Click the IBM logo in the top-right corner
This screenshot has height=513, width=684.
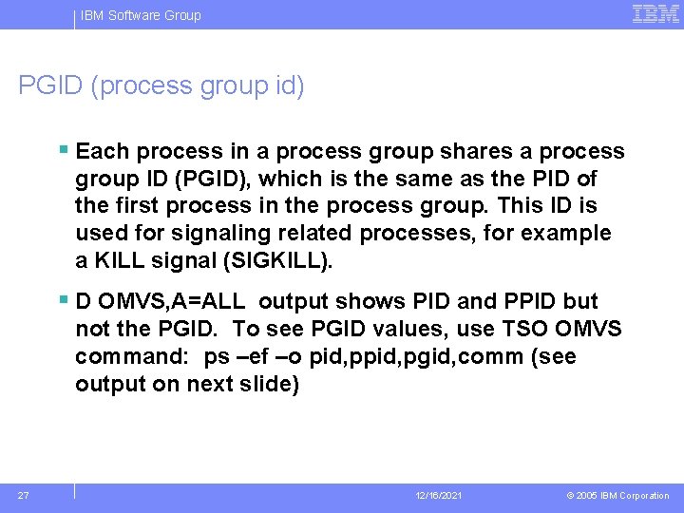(655, 13)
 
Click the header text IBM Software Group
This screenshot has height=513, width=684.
(141, 15)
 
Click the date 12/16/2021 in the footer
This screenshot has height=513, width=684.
(439, 496)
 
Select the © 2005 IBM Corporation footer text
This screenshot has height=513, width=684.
(617, 496)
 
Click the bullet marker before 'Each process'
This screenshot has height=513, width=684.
(63, 150)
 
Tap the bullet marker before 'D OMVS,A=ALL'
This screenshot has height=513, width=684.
(63, 300)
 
